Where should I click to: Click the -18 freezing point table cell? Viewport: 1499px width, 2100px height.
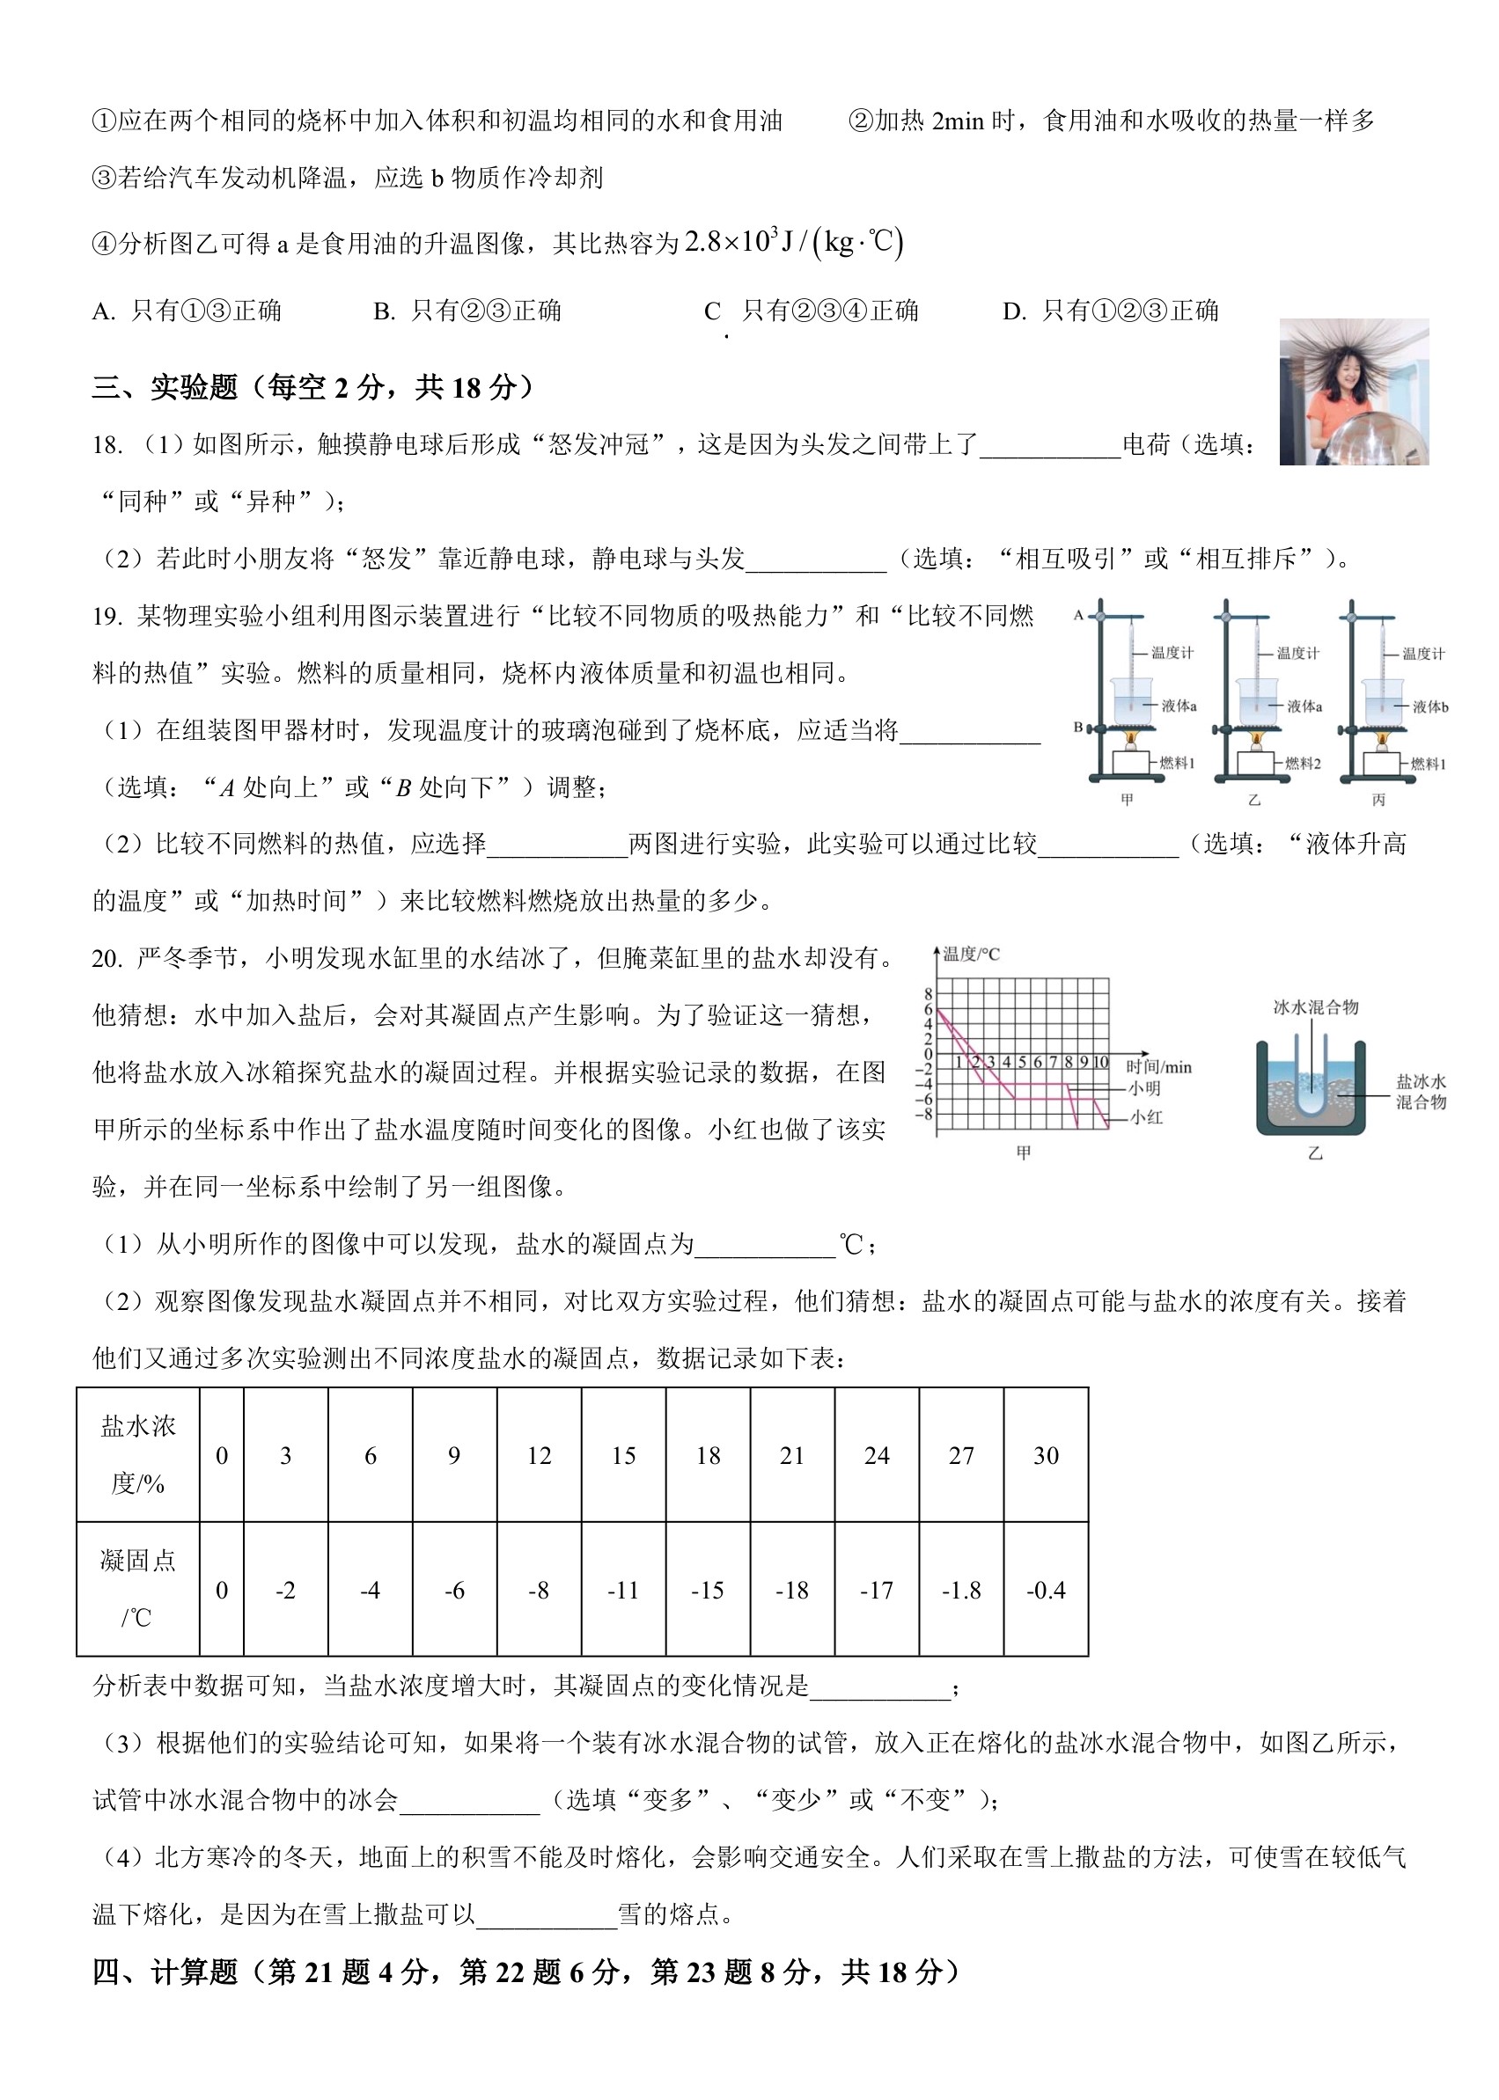[x=792, y=1590]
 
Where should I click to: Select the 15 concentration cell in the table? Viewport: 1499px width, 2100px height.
[x=623, y=1455]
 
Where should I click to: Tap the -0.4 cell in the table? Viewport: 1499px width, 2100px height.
[x=1046, y=1590]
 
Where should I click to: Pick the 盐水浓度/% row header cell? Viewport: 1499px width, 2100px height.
[x=137, y=1455]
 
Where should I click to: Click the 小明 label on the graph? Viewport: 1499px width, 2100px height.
[x=1144, y=1087]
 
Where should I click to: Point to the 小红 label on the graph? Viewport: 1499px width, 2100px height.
[x=1147, y=1117]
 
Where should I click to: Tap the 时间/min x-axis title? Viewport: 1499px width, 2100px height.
[x=1158, y=1067]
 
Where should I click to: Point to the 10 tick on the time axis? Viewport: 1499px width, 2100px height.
[x=1100, y=1062]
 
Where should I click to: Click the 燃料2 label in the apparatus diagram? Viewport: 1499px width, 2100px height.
[x=1303, y=763]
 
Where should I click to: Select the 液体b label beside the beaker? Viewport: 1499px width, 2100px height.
[x=1429, y=706]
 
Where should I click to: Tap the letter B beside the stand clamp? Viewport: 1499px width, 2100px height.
[x=1078, y=727]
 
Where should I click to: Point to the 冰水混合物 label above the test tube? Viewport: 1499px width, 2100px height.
[x=1315, y=1006]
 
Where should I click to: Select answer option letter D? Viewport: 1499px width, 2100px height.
[x=1013, y=311]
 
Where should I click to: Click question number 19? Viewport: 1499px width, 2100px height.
[x=107, y=617]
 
